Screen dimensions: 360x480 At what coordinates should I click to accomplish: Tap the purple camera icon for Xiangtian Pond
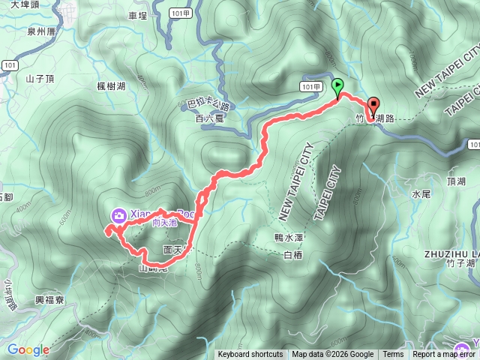(118, 216)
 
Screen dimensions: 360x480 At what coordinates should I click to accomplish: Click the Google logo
(28, 349)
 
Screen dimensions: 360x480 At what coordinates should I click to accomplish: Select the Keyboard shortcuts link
(250, 355)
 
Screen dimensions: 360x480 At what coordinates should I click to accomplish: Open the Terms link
(393, 355)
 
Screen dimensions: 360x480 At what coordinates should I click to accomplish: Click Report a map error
(444, 355)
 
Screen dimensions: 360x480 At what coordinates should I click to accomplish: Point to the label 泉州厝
(41, 33)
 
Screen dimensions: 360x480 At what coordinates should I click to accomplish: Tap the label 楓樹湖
(111, 86)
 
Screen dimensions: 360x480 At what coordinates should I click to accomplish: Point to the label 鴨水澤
(288, 237)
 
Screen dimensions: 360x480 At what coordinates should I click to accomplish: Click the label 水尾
(420, 193)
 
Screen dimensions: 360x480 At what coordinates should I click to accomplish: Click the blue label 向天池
(163, 223)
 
